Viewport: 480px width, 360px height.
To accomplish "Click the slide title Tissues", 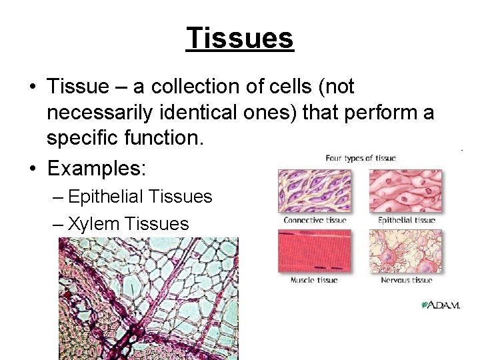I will [x=240, y=38].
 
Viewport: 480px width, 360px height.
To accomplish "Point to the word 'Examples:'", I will [x=96, y=168].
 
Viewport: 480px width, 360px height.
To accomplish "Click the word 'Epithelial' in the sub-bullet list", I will [x=107, y=197].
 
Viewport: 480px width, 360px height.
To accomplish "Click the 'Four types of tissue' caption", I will [x=360, y=158].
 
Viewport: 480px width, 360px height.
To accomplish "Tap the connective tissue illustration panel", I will [x=314, y=191].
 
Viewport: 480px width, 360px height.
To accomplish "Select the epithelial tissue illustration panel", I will [x=405, y=191].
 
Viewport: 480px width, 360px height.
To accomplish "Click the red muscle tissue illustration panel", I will [x=314, y=251].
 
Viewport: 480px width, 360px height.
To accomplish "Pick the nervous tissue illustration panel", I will [x=405, y=251].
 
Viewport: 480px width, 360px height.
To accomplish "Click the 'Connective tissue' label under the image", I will [x=314, y=220].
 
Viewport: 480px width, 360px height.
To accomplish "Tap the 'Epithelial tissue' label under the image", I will [x=406, y=220].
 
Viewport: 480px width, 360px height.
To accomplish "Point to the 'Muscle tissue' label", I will [x=314, y=280].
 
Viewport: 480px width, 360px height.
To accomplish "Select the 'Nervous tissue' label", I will [x=406, y=280].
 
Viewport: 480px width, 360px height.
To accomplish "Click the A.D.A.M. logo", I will [x=441, y=305].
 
